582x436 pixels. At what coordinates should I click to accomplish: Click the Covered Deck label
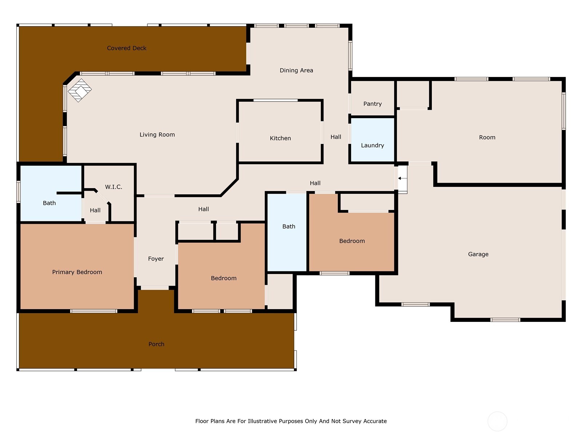click(127, 48)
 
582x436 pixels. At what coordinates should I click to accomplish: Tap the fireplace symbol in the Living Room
click(80, 90)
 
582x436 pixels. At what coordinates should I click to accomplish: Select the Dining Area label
click(296, 70)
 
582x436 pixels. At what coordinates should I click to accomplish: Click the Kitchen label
click(280, 138)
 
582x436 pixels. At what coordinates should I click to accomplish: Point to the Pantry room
click(372, 104)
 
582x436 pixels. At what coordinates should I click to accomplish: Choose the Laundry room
click(372, 145)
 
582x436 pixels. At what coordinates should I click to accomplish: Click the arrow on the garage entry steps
click(400, 178)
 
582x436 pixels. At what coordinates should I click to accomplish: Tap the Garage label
click(478, 254)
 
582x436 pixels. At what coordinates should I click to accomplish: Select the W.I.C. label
click(113, 187)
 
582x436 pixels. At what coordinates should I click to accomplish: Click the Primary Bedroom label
click(77, 272)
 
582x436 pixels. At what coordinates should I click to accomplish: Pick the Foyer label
click(156, 259)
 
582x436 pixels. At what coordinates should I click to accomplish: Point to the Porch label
click(156, 344)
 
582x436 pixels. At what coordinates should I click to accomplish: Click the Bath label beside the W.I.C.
click(49, 203)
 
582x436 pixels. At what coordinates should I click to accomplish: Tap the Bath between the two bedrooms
click(288, 226)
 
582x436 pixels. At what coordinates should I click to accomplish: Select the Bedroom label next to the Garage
click(352, 241)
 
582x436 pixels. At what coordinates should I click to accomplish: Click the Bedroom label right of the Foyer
click(223, 278)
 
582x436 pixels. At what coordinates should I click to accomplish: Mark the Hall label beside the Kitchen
click(336, 137)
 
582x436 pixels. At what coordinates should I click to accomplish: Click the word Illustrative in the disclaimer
click(262, 421)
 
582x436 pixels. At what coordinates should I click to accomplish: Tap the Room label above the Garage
click(487, 137)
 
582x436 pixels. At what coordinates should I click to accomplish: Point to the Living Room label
click(157, 135)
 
